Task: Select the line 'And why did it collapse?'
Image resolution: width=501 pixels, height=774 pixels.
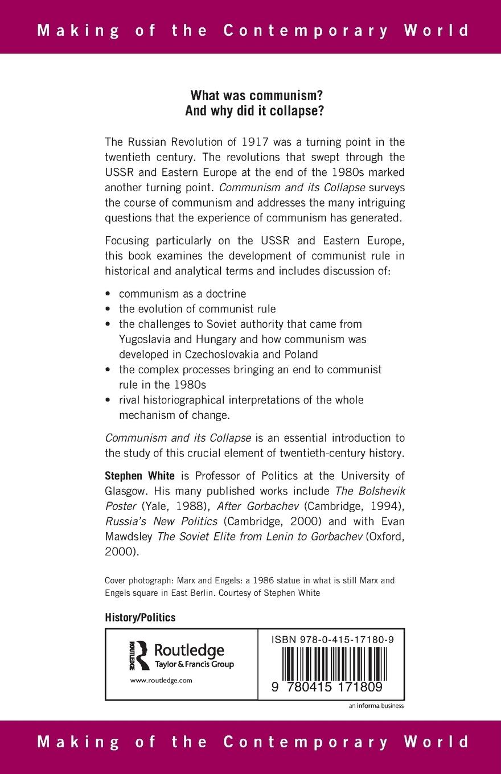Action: [254, 111]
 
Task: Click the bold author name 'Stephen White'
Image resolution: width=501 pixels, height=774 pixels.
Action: [139, 475]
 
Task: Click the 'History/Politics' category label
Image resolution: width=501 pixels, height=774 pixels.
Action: [140, 617]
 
